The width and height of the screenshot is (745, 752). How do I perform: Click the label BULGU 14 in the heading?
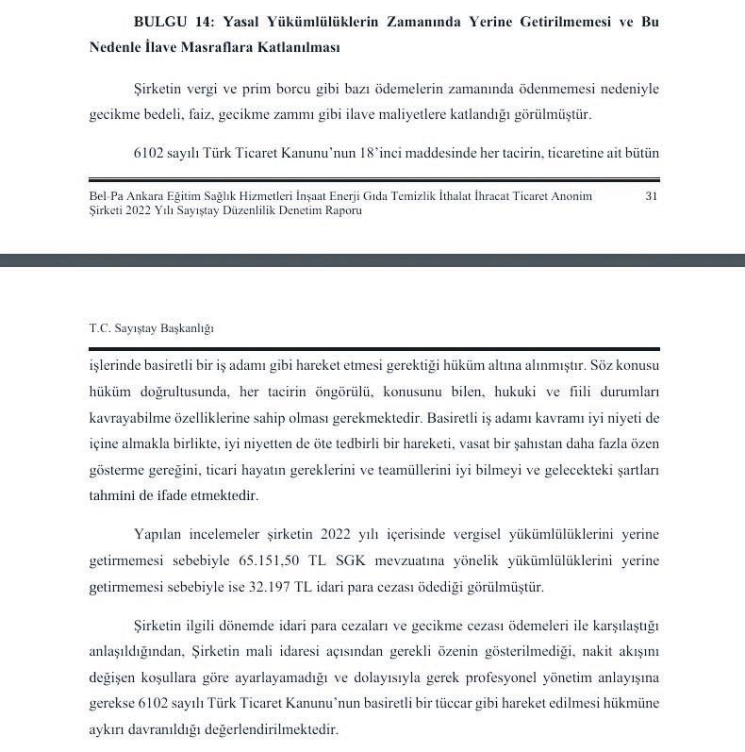coord(170,21)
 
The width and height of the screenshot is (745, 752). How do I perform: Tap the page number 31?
coord(651,196)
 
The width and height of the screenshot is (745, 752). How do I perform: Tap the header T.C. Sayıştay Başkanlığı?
coord(151,328)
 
